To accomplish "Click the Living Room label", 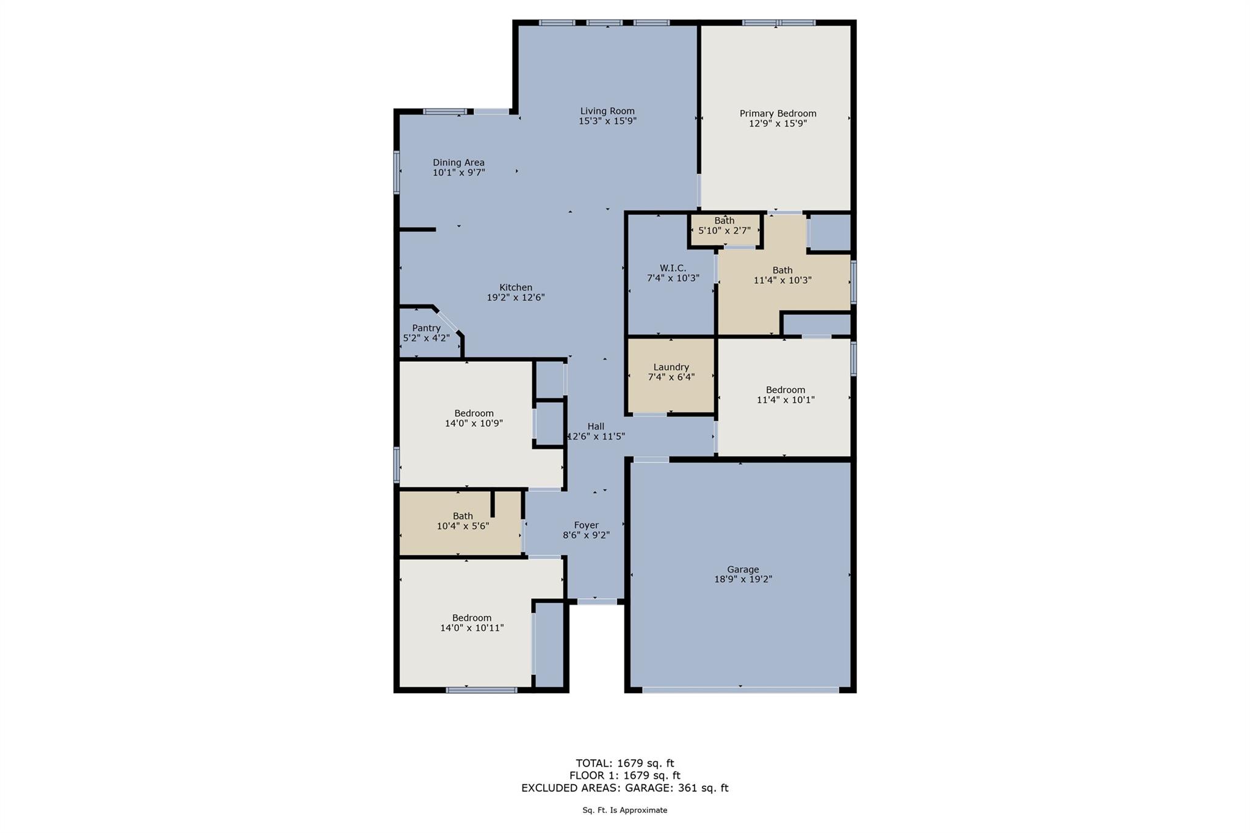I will [x=607, y=111].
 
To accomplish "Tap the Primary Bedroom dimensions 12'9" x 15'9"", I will [x=778, y=123].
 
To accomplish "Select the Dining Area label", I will [x=458, y=162].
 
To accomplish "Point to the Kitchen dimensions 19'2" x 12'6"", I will [x=515, y=298].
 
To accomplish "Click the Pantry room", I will [x=427, y=333].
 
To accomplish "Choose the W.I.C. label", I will [x=673, y=268].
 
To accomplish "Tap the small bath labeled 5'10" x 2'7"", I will [x=724, y=226].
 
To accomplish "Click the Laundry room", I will [x=671, y=372].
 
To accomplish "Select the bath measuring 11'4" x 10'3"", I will [x=782, y=275].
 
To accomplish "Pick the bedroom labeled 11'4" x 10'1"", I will [x=786, y=395].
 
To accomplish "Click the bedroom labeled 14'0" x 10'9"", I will [x=474, y=418].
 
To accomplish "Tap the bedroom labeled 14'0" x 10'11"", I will [x=471, y=622].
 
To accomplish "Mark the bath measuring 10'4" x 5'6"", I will [x=463, y=521].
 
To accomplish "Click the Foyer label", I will [x=586, y=525].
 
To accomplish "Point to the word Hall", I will [x=596, y=427].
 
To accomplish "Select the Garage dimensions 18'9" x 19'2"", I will [x=743, y=579].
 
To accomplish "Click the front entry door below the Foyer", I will [x=597, y=602].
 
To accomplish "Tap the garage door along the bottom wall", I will [x=740, y=690].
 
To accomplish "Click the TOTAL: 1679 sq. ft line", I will [x=624, y=763].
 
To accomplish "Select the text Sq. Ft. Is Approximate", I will [x=624, y=810].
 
